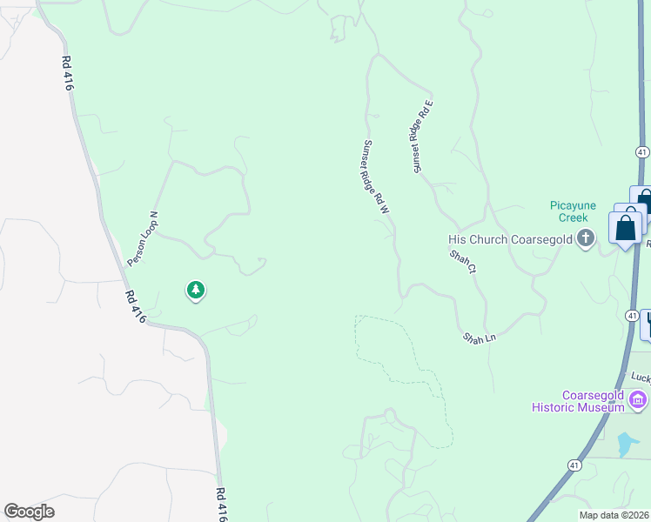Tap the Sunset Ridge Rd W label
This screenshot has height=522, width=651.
[376, 177]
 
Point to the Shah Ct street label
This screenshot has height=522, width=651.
[463, 263]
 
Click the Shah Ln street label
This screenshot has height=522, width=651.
[478, 337]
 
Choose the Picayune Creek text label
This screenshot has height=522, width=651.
[573, 211]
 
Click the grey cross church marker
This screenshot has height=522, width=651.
[586, 238]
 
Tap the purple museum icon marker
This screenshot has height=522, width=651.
[638, 400]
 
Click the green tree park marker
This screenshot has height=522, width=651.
[196, 290]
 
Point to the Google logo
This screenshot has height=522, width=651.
[29, 512]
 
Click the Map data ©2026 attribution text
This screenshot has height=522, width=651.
[613, 515]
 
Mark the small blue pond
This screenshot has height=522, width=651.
[627, 445]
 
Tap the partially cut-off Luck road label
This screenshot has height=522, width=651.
[640, 378]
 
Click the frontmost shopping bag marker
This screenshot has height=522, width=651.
[626, 229]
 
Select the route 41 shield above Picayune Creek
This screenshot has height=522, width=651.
[641, 151]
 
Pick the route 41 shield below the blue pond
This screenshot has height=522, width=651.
[574, 465]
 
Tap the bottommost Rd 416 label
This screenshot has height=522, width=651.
[221, 505]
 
